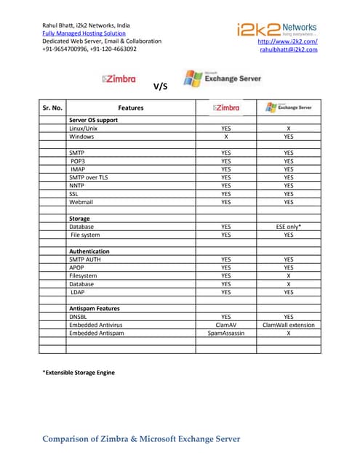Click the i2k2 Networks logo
[276, 29]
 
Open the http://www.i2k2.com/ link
[288, 41]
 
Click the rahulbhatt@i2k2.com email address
[289, 49]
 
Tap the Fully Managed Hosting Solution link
[84, 33]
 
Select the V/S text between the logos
[161, 86]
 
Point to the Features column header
[130, 108]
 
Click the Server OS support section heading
[94, 119]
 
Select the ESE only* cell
[289, 227]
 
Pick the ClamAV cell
[228, 325]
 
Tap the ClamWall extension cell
[289, 325]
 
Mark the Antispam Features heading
[95, 308]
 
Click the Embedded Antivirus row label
[95, 325]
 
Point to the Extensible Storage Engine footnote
[79, 373]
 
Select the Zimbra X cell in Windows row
[226, 136]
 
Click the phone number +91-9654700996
[66, 49]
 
